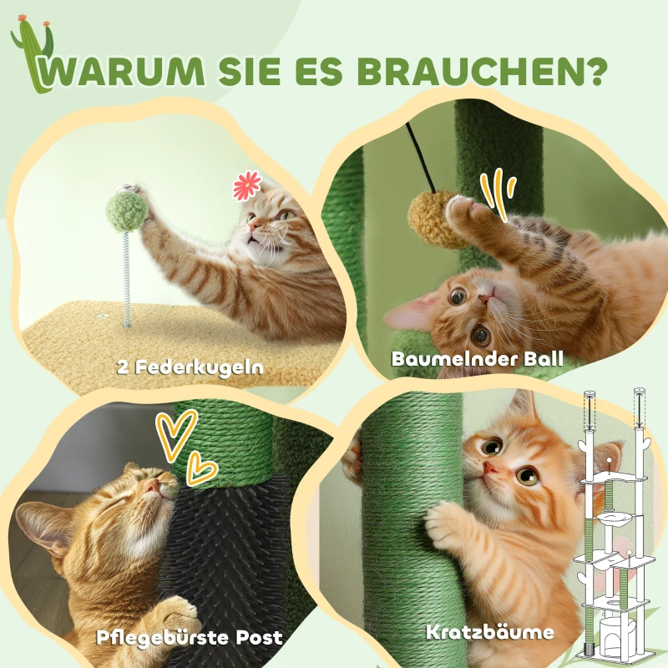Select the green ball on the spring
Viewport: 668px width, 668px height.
click(128, 211)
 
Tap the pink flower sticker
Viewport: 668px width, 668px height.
click(246, 185)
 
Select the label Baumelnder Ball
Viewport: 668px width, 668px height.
click(477, 359)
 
